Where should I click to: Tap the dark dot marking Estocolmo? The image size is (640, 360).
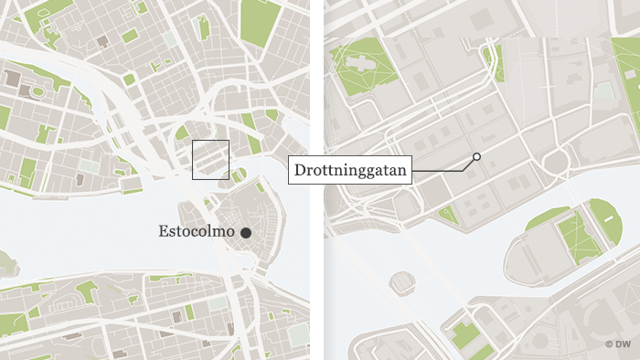[246, 234]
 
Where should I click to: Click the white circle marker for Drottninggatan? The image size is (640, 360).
[476, 157]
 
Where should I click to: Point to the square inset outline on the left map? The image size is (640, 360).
[210, 159]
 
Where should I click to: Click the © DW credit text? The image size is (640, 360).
[622, 344]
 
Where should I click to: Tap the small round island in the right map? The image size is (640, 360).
[401, 279]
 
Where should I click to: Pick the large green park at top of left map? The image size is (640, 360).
[261, 22]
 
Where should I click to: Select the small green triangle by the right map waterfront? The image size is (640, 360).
[447, 215]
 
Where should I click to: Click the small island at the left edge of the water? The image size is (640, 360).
[6, 265]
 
